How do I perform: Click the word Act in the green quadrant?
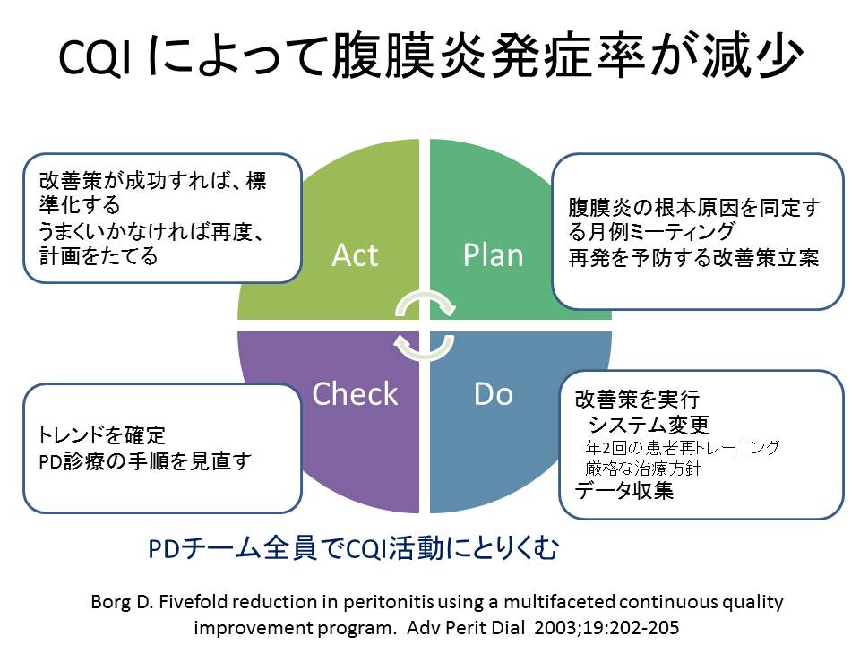point(355,255)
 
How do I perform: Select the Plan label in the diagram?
point(493,255)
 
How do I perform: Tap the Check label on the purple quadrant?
point(355,393)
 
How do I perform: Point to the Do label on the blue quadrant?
point(493,393)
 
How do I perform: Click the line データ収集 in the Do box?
point(623,491)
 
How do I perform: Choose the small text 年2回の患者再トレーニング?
point(682,446)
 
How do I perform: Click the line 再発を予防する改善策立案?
point(694,257)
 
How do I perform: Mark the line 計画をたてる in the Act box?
point(99,256)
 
